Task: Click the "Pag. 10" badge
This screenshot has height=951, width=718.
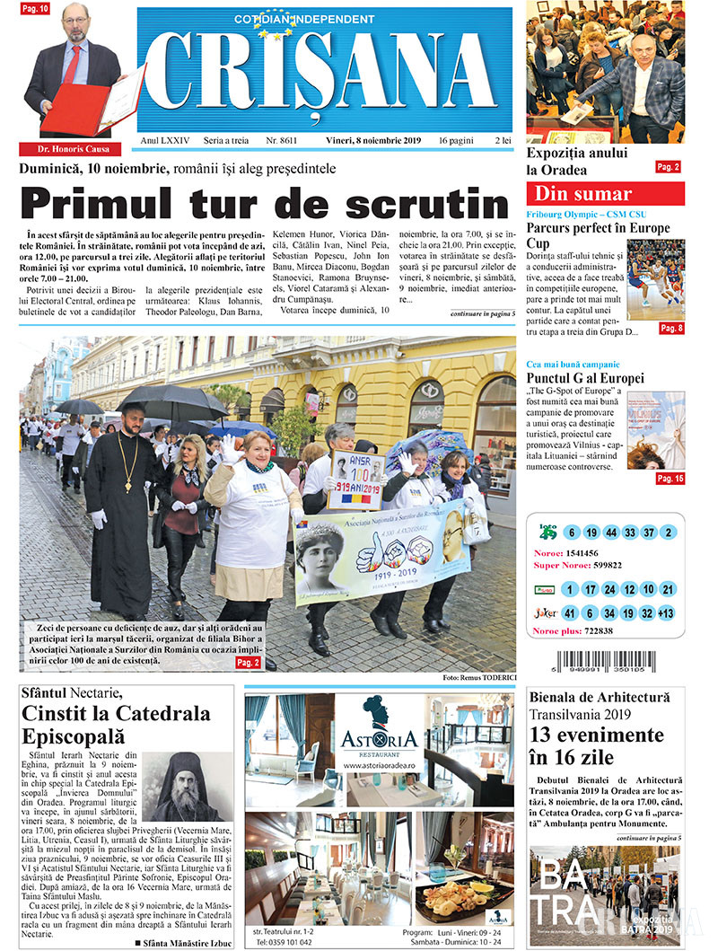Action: [x=35, y=8]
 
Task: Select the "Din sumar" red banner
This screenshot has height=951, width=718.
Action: [x=605, y=193]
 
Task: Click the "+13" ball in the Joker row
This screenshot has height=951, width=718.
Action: [x=665, y=613]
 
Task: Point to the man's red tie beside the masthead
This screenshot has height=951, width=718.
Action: [x=72, y=64]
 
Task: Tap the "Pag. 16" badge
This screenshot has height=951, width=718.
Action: [x=670, y=479]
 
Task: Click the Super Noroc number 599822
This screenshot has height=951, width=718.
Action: [x=615, y=566]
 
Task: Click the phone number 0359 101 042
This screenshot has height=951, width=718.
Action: [x=287, y=942]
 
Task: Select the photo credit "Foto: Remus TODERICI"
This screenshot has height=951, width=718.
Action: [x=478, y=676]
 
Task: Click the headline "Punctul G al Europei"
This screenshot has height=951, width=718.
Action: [x=584, y=379]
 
